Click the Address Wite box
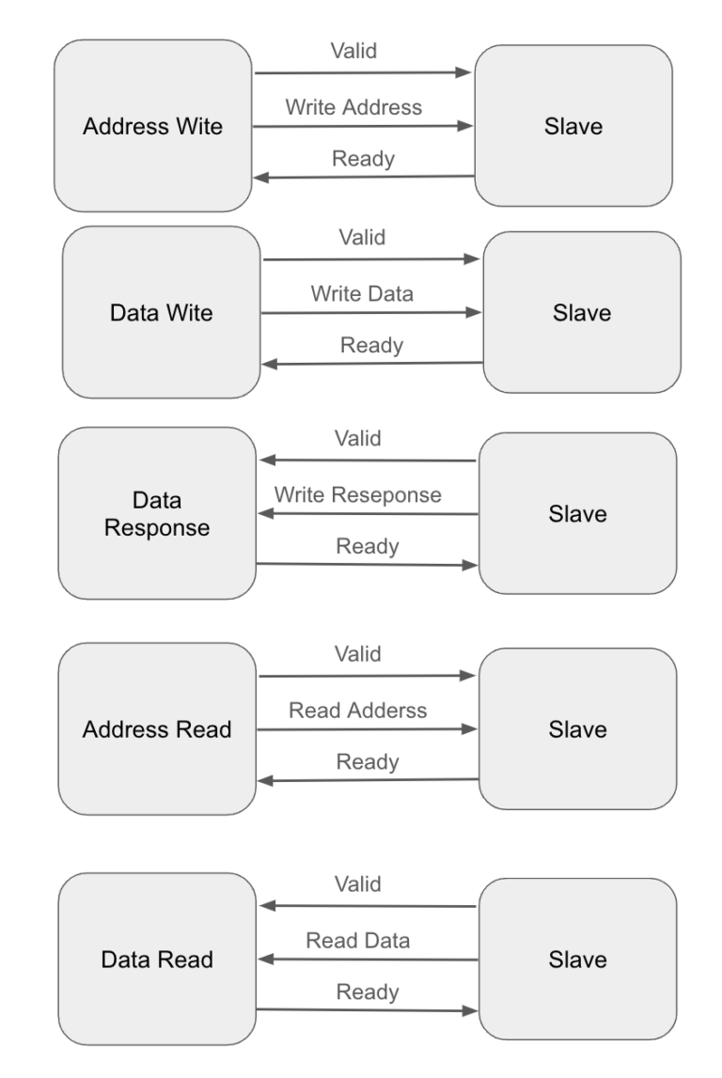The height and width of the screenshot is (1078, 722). coord(153,126)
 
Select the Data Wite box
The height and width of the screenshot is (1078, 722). coord(162,312)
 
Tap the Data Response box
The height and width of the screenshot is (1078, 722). coord(157,514)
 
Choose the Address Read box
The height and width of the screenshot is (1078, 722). coord(157,729)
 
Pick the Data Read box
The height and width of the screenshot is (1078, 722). coord(157,960)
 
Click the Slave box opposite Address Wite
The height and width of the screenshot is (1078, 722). coord(573,126)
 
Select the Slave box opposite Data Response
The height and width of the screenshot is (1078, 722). coord(577,514)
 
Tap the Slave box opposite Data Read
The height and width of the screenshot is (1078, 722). coord(577,960)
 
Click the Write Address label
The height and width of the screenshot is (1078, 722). coord(353,107)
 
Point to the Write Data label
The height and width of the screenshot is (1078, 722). coord(362,293)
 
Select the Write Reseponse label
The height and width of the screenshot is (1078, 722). coord(357,494)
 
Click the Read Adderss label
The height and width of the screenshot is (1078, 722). coord(357,711)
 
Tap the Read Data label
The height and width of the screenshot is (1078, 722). coord(357,940)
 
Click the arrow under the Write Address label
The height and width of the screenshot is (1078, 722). coord(363,125)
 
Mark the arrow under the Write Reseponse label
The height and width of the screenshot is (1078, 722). coord(368,514)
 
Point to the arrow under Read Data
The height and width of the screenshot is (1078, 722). coord(368,960)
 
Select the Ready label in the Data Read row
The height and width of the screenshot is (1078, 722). coord(368,992)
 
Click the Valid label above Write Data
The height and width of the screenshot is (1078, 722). coord(362,238)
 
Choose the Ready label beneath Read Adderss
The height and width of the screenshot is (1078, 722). coord(368,761)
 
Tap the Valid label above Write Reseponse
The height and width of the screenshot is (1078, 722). coord(358,439)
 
